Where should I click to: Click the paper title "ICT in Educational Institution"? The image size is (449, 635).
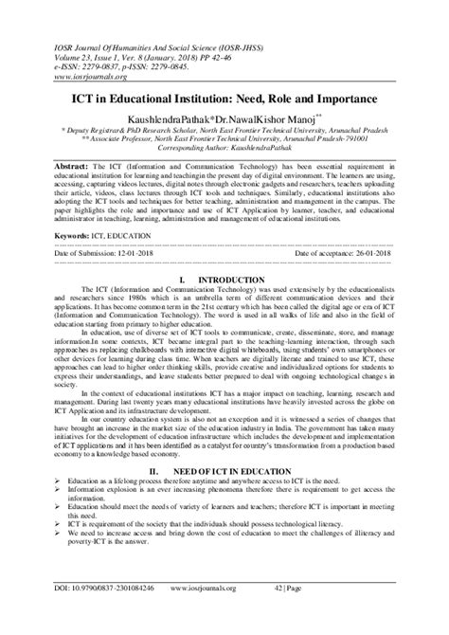[x=224, y=100]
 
